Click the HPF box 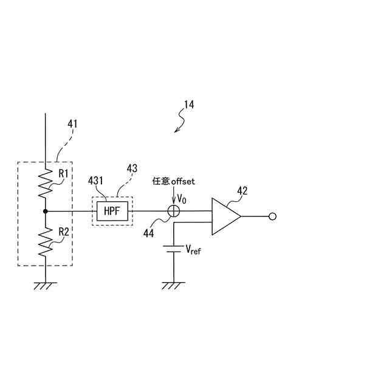pyautogui.click(x=112, y=211)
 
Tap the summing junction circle pyautogui.click(x=174, y=211)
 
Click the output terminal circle pyautogui.click(x=273, y=216)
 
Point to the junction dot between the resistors pyautogui.click(x=46, y=211)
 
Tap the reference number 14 pyautogui.click(x=188, y=105)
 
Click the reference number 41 pyautogui.click(x=72, y=124)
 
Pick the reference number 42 pyautogui.click(x=242, y=191)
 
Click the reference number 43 pyautogui.click(x=133, y=168)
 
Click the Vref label pyautogui.click(x=193, y=249)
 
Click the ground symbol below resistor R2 pyautogui.click(x=46, y=284)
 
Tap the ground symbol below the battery pyautogui.click(x=174, y=284)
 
